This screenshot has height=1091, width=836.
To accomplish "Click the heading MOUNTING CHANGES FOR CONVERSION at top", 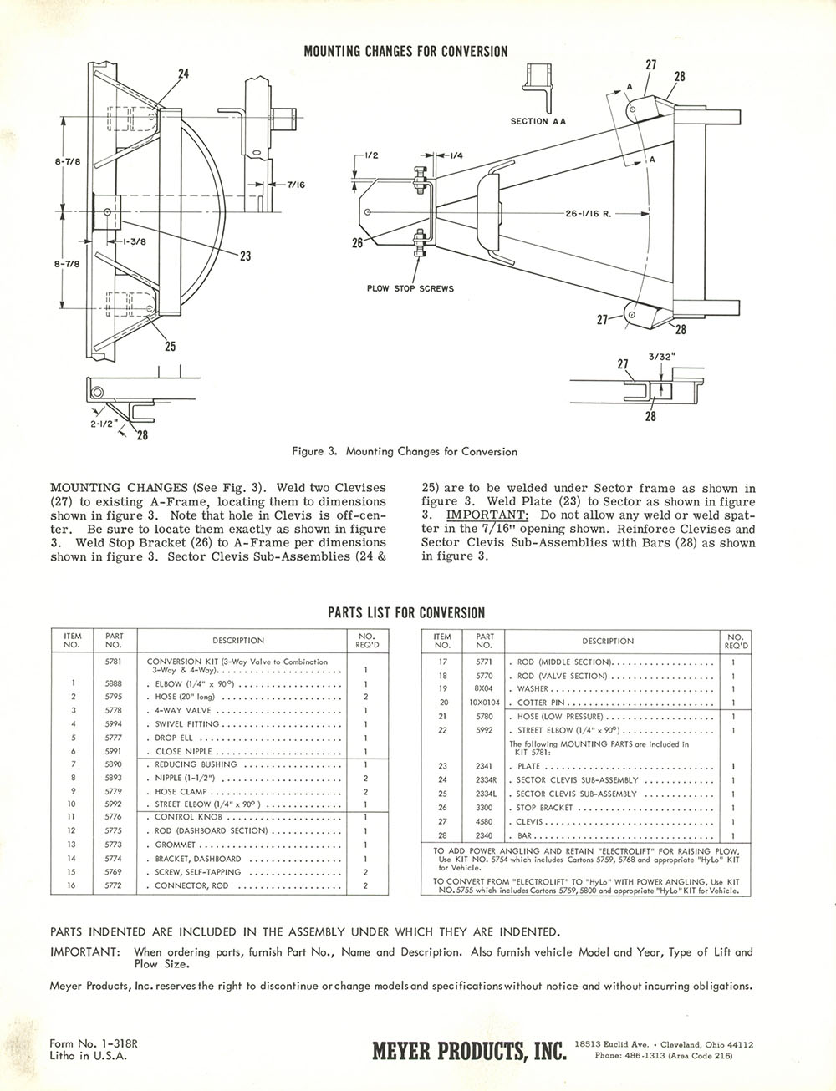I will click(x=405, y=52).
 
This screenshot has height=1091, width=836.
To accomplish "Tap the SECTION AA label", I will click(x=538, y=121).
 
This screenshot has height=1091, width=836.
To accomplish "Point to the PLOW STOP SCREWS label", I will click(x=410, y=289).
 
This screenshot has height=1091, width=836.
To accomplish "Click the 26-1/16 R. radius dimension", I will click(x=589, y=213).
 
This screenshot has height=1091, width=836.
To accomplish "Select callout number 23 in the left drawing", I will click(x=245, y=256).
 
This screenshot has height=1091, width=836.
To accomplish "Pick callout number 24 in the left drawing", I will click(x=183, y=74).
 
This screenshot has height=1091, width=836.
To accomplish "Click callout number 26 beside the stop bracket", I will click(x=358, y=243).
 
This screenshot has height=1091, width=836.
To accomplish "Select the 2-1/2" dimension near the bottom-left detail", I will click(x=101, y=424).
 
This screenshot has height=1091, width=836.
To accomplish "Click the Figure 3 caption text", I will click(x=405, y=452).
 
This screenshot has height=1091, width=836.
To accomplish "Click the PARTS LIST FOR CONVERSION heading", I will click(x=405, y=613).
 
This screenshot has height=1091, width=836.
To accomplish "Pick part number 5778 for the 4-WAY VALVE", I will click(x=114, y=711).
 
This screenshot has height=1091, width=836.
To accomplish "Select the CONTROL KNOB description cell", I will click(x=187, y=817).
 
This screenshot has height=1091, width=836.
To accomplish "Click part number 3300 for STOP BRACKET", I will click(x=484, y=808).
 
